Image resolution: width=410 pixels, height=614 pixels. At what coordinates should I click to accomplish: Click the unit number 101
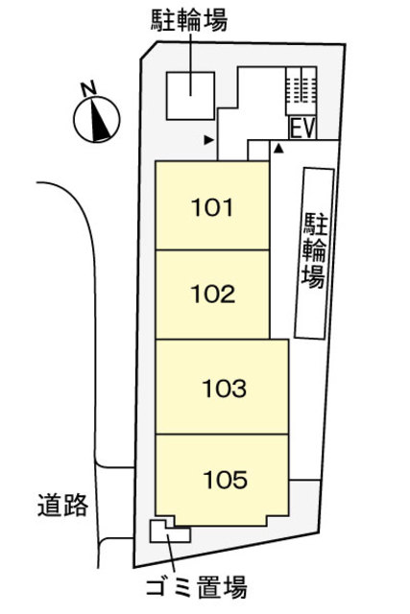pos(213,206)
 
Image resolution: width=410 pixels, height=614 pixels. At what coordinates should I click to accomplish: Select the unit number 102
pos(213,294)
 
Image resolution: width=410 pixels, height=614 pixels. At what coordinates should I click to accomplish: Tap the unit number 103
pos(226,389)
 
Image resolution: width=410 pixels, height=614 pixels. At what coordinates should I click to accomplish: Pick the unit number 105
pos(226,477)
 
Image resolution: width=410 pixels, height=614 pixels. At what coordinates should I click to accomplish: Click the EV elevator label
pos(302,127)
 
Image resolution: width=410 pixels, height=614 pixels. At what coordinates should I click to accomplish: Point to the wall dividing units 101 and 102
pos(211,249)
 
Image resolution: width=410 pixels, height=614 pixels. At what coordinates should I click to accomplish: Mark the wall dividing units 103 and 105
pos(222,434)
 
